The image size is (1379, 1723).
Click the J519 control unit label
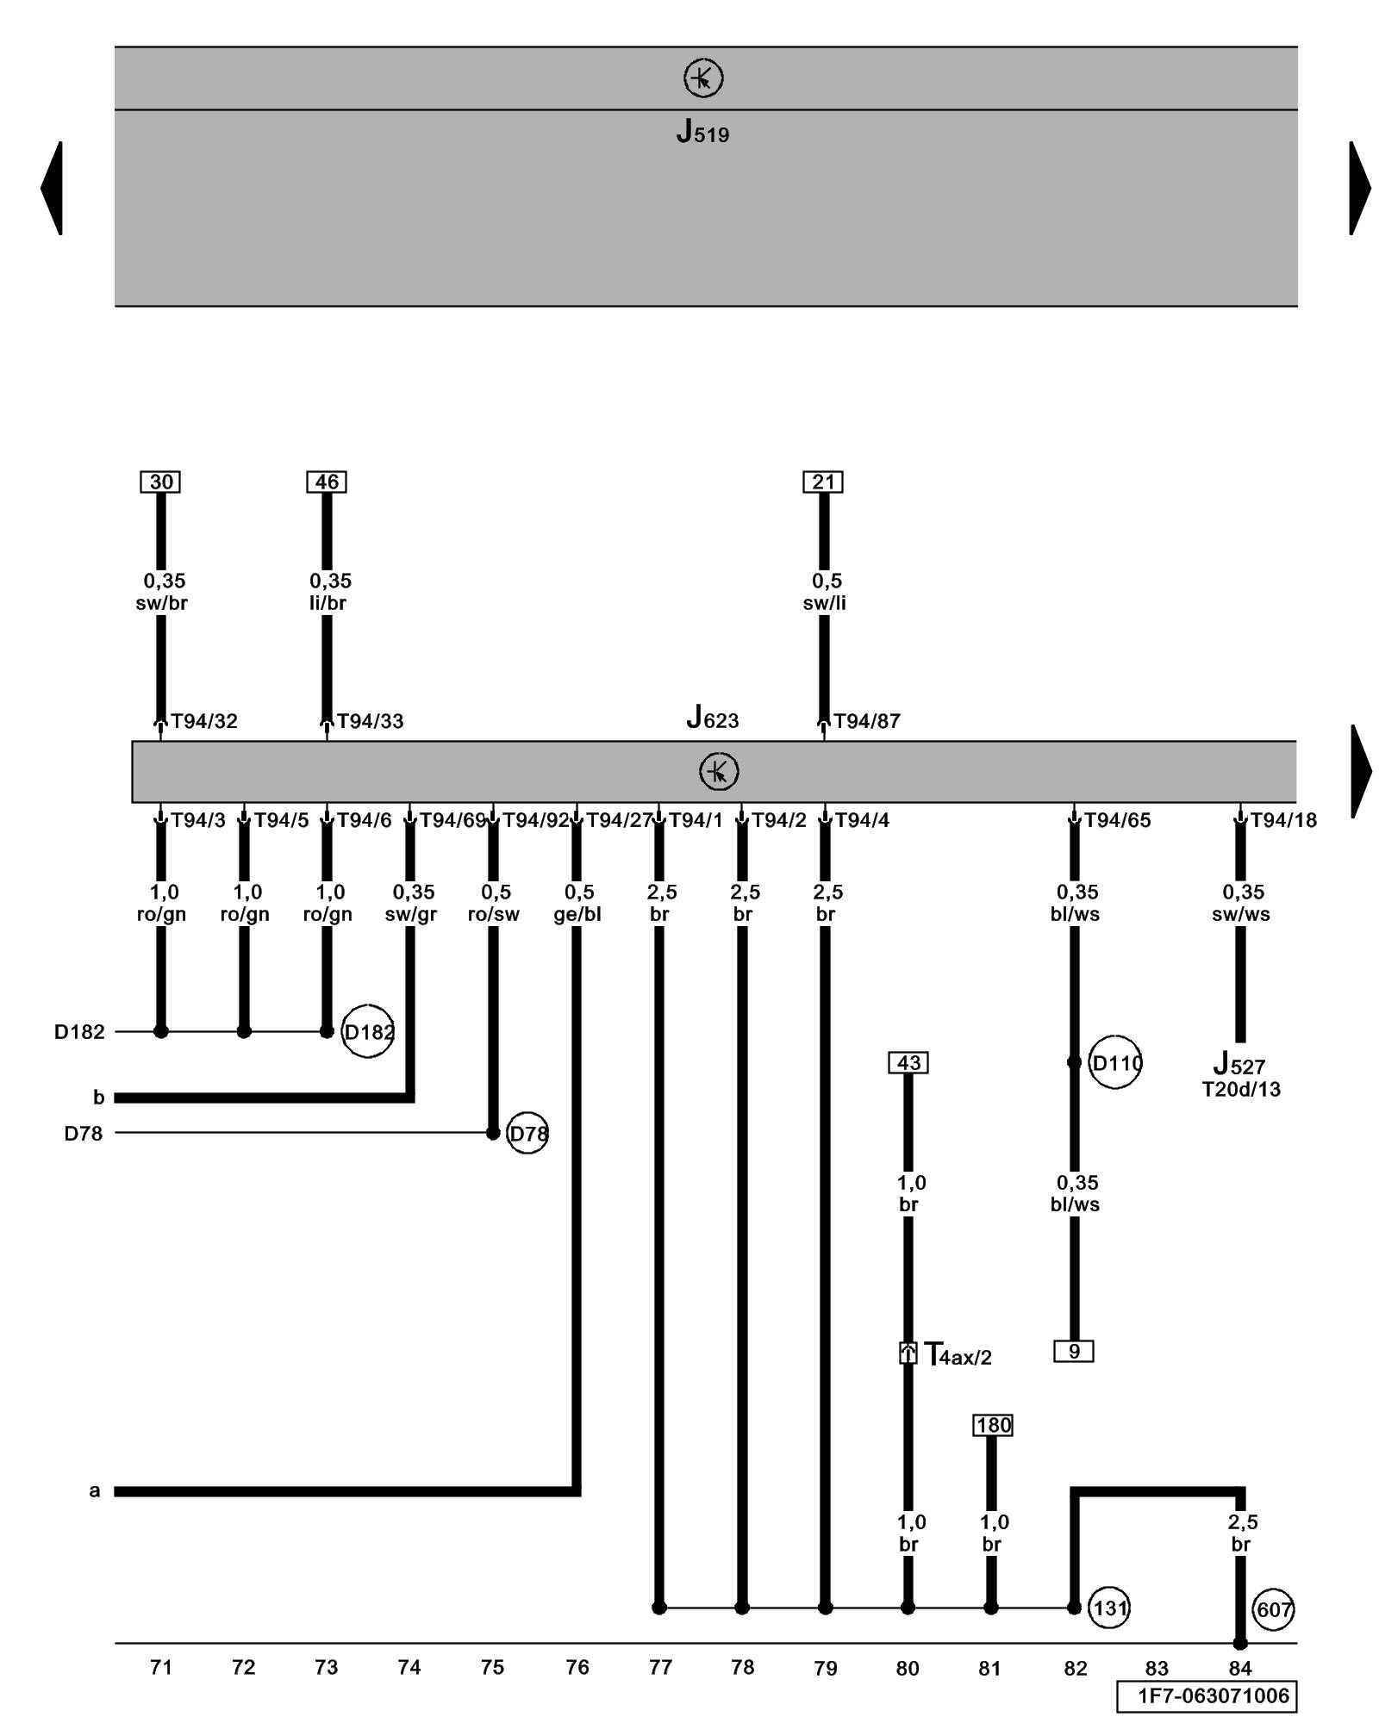click(x=702, y=133)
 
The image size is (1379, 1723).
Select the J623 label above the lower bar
click(x=712, y=718)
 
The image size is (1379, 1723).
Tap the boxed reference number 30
click(x=160, y=482)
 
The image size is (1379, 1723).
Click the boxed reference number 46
click(x=327, y=482)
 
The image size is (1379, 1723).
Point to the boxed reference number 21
click(x=823, y=482)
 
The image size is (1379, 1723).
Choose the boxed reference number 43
click(x=908, y=1062)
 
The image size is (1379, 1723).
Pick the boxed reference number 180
click(x=992, y=1426)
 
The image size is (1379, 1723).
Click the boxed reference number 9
click(x=1074, y=1351)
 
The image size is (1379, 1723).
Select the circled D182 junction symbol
click(x=368, y=1031)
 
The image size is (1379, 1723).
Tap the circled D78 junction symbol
click(x=527, y=1134)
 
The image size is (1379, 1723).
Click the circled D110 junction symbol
click(x=1115, y=1063)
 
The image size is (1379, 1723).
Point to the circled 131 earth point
click(x=1109, y=1608)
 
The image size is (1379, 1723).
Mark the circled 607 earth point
click(x=1273, y=1609)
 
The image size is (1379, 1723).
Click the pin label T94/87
click(x=867, y=721)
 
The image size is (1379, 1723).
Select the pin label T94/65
click(x=1117, y=820)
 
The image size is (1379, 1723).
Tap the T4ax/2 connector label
click(x=958, y=1354)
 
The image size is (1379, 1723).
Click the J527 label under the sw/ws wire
click(x=1239, y=1065)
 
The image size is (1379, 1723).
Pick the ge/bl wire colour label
click(x=577, y=914)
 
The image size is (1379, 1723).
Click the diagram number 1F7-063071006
click(x=1207, y=1696)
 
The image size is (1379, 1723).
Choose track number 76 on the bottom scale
click(x=577, y=1668)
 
